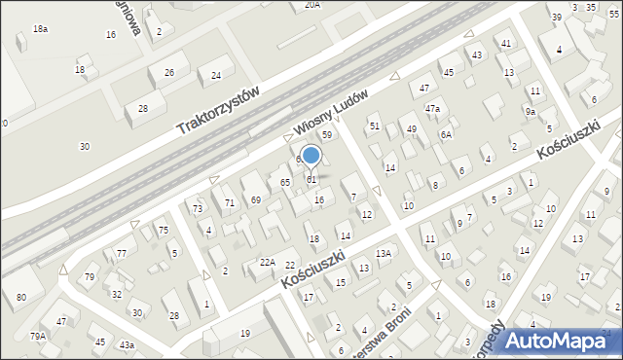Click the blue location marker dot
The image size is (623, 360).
point(311,155)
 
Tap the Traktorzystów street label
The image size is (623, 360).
point(220,111)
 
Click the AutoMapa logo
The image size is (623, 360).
point(554,340)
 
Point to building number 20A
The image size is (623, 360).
point(311,5)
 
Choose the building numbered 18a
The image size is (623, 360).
point(40,29)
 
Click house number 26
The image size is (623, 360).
point(169,73)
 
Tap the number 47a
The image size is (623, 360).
point(432,108)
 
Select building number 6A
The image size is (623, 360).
point(446,134)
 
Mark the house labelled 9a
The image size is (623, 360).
point(531,112)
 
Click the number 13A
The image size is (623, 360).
point(384,253)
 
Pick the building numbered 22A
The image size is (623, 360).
point(267,262)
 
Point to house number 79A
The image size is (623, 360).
point(37,336)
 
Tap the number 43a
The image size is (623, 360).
point(127,345)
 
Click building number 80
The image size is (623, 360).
point(21,297)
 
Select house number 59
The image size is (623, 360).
point(327,134)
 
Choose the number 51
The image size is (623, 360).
point(374,126)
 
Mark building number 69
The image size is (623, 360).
point(255,199)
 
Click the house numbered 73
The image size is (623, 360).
point(197,208)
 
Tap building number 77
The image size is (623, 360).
point(121,253)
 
